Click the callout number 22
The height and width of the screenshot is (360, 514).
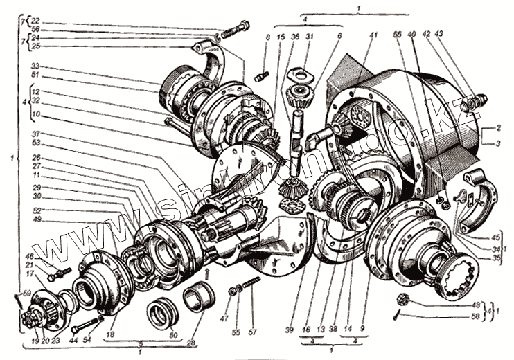click(35, 22)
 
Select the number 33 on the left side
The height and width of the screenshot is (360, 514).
click(35, 66)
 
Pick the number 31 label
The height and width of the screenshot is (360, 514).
click(310, 36)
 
